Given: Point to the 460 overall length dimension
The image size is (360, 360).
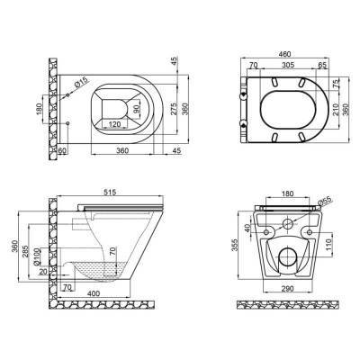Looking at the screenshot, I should tap(285, 57).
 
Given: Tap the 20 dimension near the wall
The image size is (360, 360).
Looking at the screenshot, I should tap(44, 271).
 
